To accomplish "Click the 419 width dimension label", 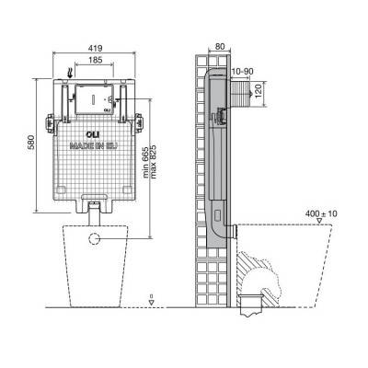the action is [x=96, y=49].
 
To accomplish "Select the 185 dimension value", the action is [x=96, y=60].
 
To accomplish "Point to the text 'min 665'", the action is [x=145, y=162].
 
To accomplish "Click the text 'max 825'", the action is [x=154, y=162].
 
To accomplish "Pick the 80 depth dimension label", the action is [x=219, y=47].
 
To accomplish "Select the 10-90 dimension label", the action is [x=243, y=72].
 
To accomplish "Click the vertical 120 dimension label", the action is [x=259, y=91].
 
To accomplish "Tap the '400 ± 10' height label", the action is [x=321, y=213].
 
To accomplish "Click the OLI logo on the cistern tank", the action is [x=93, y=134].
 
